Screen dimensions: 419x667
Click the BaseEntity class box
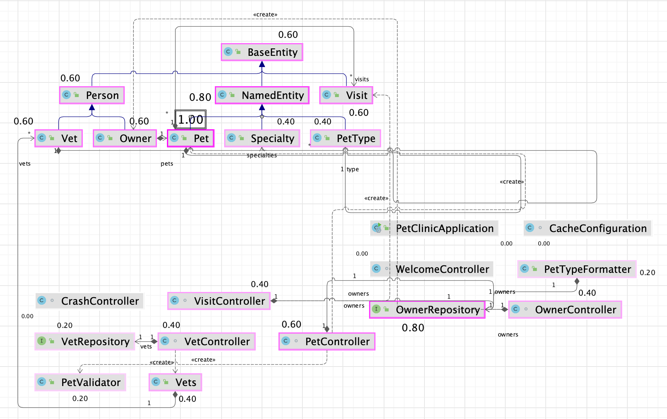point(262,52)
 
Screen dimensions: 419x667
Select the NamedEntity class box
point(262,95)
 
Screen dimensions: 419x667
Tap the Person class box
point(92,95)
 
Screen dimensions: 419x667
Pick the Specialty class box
point(262,138)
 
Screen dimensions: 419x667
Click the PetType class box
point(345,138)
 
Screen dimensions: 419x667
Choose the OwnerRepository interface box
point(427,310)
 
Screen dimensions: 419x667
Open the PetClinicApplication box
point(434,228)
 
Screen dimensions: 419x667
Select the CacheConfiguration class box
point(587,228)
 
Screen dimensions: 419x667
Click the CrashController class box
point(89,301)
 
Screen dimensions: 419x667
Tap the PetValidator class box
point(80,382)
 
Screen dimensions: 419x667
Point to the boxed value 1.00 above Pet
point(191,119)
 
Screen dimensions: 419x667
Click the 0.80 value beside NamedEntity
point(200,97)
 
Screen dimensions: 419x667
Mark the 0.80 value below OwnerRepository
point(413,328)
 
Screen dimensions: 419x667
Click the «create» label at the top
point(265,15)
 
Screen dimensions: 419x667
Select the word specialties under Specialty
point(262,156)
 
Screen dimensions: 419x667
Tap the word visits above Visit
point(362,79)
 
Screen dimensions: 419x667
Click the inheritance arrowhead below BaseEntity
point(262,64)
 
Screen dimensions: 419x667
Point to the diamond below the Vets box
point(175,395)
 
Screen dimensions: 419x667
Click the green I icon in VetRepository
point(42,341)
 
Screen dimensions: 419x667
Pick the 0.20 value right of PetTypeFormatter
point(647,273)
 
